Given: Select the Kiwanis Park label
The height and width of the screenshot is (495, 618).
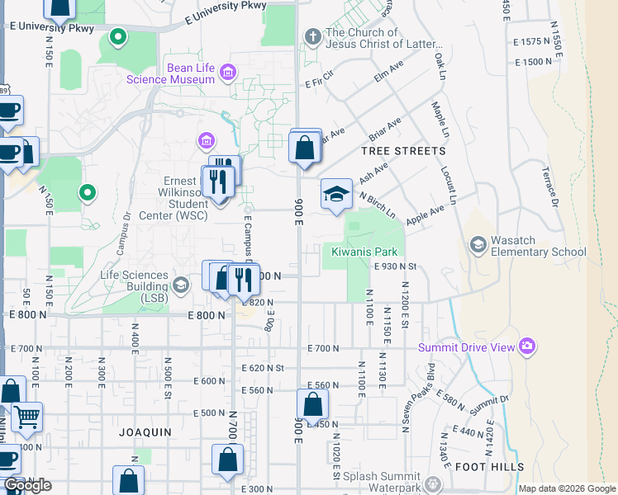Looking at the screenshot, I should tap(364, 252).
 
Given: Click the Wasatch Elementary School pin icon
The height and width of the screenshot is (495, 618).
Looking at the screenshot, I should tap(478, 244).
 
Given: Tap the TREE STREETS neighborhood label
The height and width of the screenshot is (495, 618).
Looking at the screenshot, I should tap(403, 151).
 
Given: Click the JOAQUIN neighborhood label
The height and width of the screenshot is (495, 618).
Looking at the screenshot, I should tap(145, 431).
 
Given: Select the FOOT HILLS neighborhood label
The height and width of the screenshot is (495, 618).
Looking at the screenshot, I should tap(489, 466).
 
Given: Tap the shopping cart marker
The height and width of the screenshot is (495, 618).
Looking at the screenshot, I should tap(26, 418).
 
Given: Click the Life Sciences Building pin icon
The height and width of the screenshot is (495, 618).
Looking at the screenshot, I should tap(183, 280).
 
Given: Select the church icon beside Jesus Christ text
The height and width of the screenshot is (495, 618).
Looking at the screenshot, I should tap(312, 36).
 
